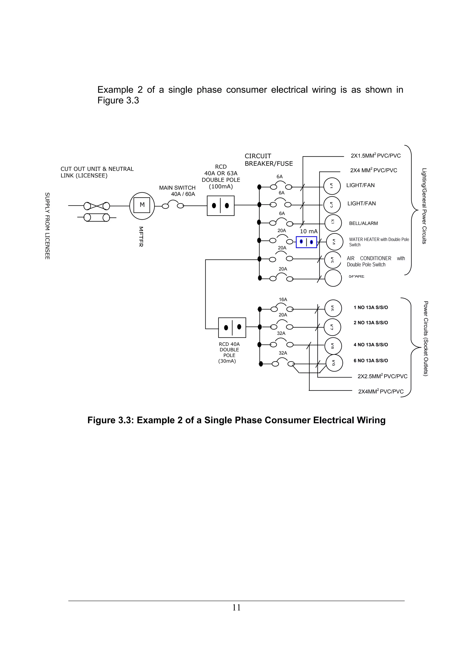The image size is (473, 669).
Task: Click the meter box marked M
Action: [142, 205]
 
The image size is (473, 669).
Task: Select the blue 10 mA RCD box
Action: [306, 242]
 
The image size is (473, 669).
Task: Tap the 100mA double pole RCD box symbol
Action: [221, 206]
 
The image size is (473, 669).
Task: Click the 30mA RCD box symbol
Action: [232, 328]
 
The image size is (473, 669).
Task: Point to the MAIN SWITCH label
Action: [177, 188]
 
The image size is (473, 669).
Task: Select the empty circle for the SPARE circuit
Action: [333, 278]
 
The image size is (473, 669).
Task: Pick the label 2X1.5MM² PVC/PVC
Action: [376, 156]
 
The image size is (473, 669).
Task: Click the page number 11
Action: [236, 608]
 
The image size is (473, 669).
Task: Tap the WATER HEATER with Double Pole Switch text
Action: [379, 242]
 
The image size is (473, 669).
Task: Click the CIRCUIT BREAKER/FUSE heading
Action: [268, 160]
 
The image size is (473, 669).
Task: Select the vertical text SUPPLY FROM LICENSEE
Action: [47, 226]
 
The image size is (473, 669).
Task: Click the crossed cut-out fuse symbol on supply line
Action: [97, 206]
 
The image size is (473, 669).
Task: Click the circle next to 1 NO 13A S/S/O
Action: [333, 308]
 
